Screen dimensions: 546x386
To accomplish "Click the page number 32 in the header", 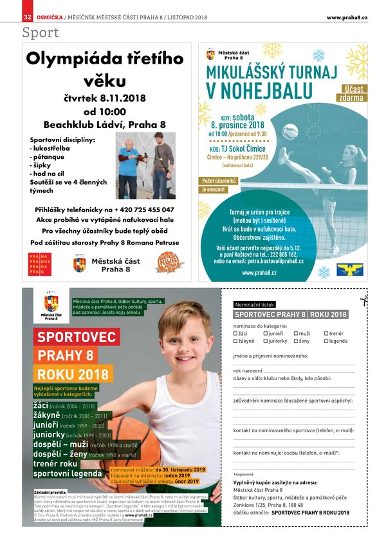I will (27, 16).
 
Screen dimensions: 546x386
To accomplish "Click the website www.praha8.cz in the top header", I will (347, 16).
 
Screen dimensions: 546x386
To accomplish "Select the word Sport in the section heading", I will (41, 32).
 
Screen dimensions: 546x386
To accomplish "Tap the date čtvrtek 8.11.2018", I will (106, 98).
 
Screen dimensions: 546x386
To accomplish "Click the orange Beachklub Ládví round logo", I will (171, 263).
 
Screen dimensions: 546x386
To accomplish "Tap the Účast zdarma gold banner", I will (353, 93).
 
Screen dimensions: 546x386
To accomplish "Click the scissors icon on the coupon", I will (364, 299).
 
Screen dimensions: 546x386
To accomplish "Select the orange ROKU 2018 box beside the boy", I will (74, 374).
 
